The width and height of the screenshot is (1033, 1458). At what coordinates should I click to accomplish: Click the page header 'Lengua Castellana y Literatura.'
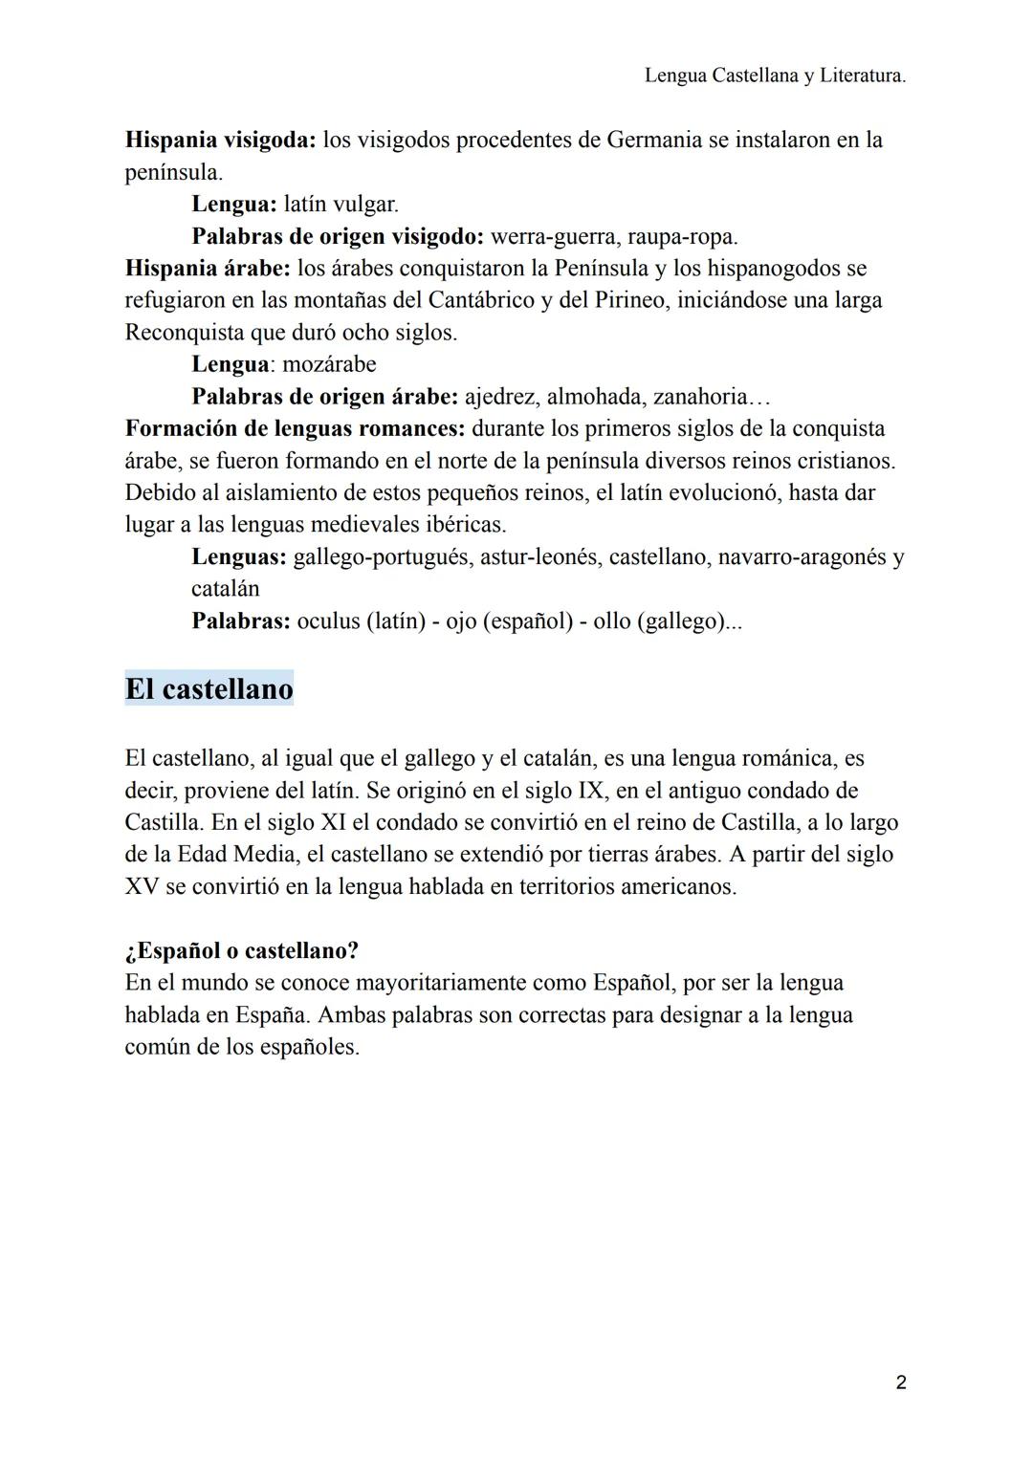(x=775, y=76)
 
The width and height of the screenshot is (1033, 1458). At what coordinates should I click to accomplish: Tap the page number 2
(x=901, y=1382)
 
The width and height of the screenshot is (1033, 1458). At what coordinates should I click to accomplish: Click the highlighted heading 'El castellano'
(x=209, y=688)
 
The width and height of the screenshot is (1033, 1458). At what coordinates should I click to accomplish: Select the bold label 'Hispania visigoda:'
(x=220, y=140)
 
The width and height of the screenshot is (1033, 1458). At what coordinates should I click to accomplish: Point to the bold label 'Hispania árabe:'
(x=207, y=268)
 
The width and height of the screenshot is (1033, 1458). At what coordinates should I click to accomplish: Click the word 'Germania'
(x=654, y=140)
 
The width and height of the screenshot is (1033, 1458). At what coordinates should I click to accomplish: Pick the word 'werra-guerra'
(x=553, y=236)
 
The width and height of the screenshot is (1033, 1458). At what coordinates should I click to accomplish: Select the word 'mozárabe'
(x=329, y=364)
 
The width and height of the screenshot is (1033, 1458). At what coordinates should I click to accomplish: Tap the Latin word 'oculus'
(x=328, y=620)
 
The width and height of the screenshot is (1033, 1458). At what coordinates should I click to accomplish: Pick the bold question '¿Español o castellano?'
(x=241, y=950)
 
